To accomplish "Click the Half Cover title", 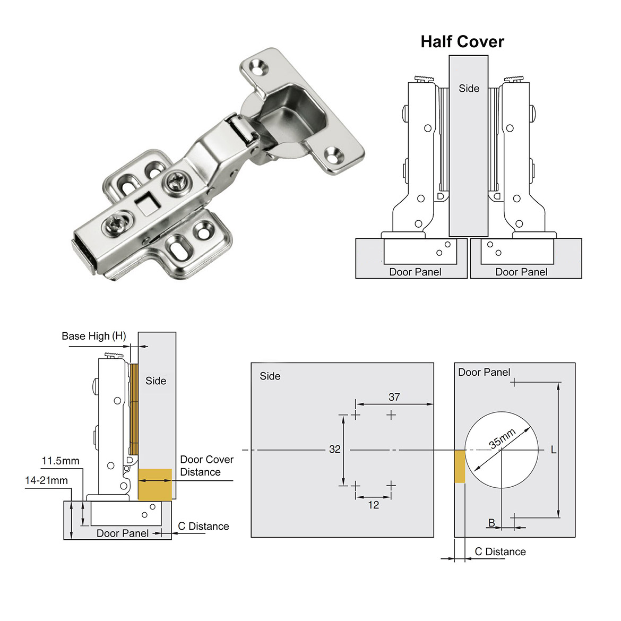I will click(462, 42).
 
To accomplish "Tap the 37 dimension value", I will click(394, 397).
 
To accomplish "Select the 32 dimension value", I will click(334, 450).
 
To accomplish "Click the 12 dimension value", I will click(373, 505).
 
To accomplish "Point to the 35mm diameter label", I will click(502, 439).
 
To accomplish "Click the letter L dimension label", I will click(553, 450).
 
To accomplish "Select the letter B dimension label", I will click(491, 523).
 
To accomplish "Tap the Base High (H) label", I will click(94, 336).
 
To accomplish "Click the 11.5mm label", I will click(61, 461).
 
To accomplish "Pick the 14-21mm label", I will click(47, 480).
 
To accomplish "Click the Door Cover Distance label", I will click(206, 465).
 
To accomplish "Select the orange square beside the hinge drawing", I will click(155, 484).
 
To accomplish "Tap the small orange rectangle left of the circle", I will click(460, 466).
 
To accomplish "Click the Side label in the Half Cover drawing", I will click(469, 89).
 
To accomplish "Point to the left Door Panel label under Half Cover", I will click(415, 272).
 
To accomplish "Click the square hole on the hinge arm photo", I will click(143, 202).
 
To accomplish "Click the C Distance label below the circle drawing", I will click(500, 552).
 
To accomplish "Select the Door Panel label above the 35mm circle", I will click(484, 373).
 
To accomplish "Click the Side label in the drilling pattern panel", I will click(270, 376).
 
